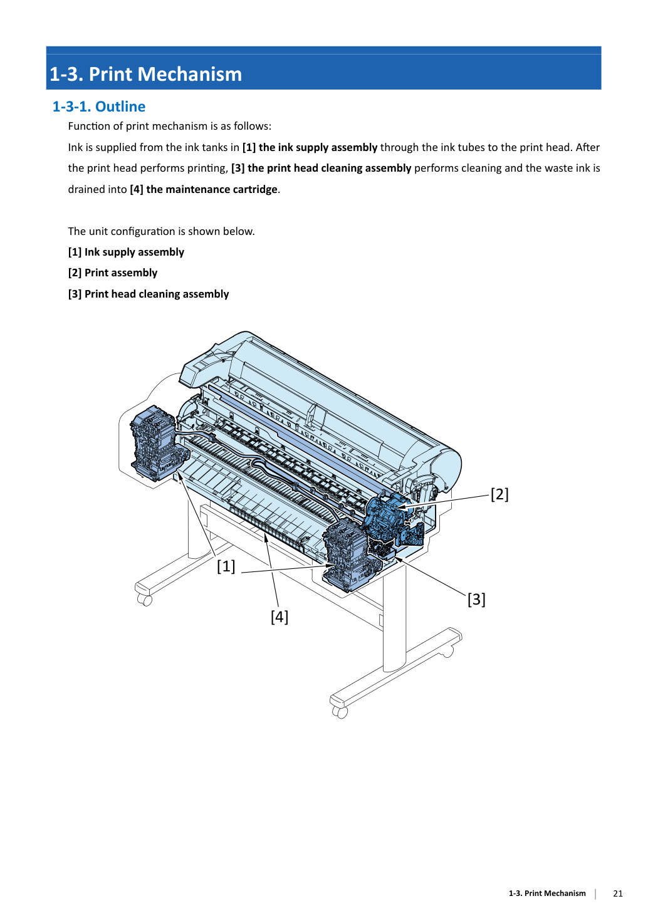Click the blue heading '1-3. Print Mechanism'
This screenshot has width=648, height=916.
tap(145, 74)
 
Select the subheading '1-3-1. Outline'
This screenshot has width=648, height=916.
tap(98, 107)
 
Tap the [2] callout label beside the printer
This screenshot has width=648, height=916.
tap(499, 494)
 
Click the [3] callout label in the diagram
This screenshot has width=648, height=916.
tap(476, 600)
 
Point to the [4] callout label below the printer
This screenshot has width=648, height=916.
tap(280, 617)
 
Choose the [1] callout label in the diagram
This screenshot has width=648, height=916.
tap(226, 566)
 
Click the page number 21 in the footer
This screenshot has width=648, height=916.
tap(618, 893)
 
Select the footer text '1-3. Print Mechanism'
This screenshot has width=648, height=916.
tap(547, 893)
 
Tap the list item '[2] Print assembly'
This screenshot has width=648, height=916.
tap(113, 273)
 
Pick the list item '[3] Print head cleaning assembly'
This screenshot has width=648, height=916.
tap(149, 294)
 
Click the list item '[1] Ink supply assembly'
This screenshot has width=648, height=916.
tap(126, 252)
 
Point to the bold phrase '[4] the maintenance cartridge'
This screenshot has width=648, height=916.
tap(204, 189)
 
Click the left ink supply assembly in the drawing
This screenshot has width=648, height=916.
tap(157, 443)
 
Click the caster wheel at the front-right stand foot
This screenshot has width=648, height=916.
tap(340, 712)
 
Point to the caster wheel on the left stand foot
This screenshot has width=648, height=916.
tap(145, 600)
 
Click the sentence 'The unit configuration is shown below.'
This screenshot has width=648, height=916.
tap(161, 231)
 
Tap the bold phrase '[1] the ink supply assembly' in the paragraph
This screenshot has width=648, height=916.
tap(310, 147)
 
